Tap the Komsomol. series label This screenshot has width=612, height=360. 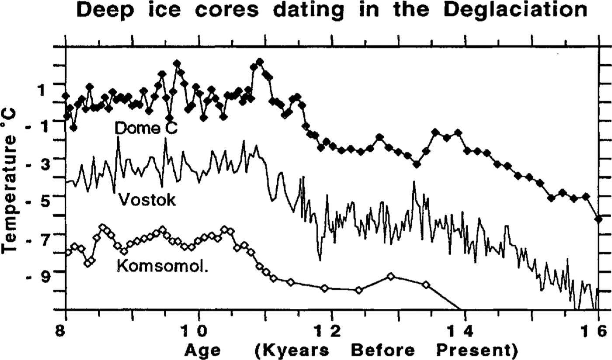[x=162, y=266]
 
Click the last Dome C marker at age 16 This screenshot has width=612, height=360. [x=598, y=218]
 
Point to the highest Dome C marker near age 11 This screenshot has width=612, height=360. [x=260, y=62]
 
